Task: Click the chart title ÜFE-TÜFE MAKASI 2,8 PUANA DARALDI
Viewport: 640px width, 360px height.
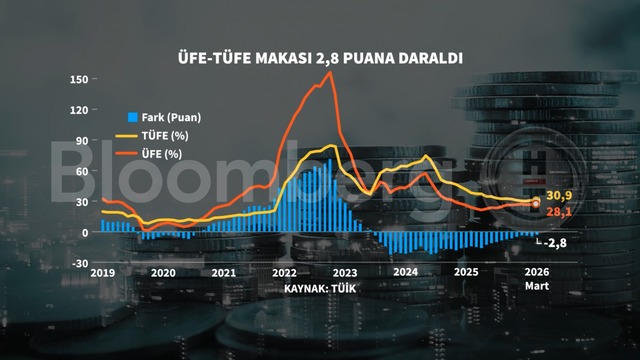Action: (x=320, y=58)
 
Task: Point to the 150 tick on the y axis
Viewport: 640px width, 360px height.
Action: (x=78, y=79)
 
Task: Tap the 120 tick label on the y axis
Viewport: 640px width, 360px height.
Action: (x=78, y=109)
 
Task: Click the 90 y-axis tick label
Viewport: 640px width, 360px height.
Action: (x=81, y=140)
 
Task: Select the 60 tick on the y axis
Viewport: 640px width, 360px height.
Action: (x=81, y=170)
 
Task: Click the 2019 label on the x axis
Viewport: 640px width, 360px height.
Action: (x=103, y=273)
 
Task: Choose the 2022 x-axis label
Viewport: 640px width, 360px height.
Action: (x=284, y=273)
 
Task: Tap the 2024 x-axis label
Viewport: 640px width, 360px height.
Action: (x=405, y=273)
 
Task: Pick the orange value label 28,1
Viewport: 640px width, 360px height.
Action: (x=557, y=213)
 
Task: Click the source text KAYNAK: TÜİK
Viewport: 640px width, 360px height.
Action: (x=320, y=288)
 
